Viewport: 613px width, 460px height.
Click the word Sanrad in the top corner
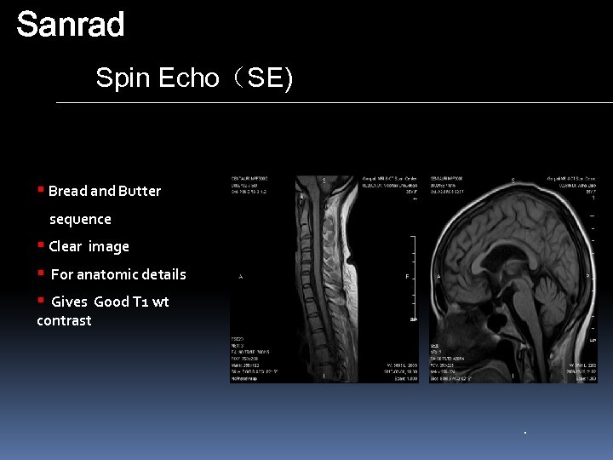71,25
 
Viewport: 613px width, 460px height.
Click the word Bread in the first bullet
67,191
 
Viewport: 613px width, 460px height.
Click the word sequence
80,219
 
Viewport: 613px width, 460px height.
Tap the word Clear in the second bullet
65,246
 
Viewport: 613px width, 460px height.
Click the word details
164,274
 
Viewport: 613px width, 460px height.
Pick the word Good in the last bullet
111,302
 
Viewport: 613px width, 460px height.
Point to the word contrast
64,320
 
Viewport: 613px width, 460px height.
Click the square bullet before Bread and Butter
40,189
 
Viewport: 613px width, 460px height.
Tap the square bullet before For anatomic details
40,273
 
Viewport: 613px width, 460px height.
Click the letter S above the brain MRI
513,181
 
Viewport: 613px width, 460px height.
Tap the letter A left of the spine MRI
241,277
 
